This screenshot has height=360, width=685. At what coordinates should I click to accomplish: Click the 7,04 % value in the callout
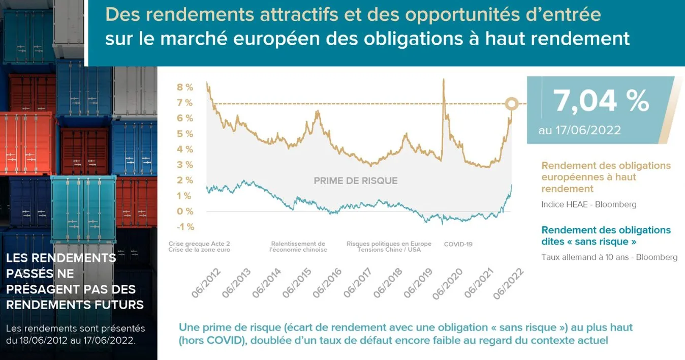click(601, 101)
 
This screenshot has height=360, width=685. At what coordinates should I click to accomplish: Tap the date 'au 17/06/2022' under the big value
click(579, 130)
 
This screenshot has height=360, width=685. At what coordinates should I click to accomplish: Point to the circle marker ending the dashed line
click(512, 104)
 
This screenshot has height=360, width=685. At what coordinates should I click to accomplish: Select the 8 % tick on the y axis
click(185, 87)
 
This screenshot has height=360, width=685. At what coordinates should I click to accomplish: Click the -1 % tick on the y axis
click(185, 227)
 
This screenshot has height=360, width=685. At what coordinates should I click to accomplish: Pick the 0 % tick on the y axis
click(185, 211)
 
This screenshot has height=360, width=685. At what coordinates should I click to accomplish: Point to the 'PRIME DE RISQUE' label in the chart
click(355, 181)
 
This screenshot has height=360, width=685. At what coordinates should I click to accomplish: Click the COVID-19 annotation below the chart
click(458, 244)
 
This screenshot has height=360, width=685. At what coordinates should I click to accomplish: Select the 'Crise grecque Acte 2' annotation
click(199, 244)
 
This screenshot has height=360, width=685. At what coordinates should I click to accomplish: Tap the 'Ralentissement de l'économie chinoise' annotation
click(298, 247)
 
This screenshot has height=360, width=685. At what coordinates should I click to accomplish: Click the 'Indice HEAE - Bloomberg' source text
click(588, 204)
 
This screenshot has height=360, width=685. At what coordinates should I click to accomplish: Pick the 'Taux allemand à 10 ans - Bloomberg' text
click(609, 257)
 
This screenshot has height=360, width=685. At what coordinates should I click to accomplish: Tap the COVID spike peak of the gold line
click(444, 80)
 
